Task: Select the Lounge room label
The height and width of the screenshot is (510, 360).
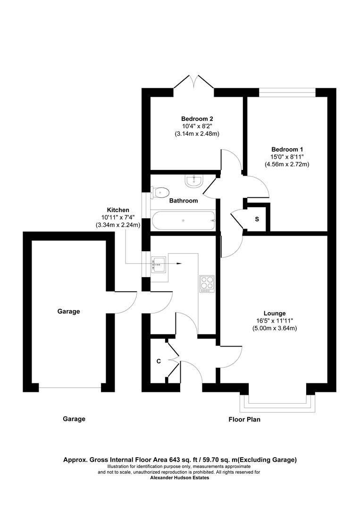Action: coord(275,313)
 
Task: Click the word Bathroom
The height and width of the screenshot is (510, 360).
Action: coord(184,201)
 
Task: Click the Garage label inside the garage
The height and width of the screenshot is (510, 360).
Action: coord(69,311)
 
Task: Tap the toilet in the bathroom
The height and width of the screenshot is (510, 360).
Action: coord(160,192)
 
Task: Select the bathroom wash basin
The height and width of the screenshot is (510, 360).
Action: coord(194,180)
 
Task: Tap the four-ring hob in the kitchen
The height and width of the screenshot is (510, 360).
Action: coord(207,283)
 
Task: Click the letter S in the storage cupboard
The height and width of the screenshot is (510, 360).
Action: coord(257,219)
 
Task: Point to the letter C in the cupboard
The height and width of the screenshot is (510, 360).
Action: coord(159,361)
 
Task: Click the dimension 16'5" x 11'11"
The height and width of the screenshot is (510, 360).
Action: coord(275,321)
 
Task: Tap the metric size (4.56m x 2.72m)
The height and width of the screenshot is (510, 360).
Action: coord(286,164)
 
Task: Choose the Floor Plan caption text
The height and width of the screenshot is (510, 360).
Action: coord(244,419)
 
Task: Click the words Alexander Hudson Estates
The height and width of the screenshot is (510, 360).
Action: coord(179,477)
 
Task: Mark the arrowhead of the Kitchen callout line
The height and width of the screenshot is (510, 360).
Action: coord(179,263)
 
